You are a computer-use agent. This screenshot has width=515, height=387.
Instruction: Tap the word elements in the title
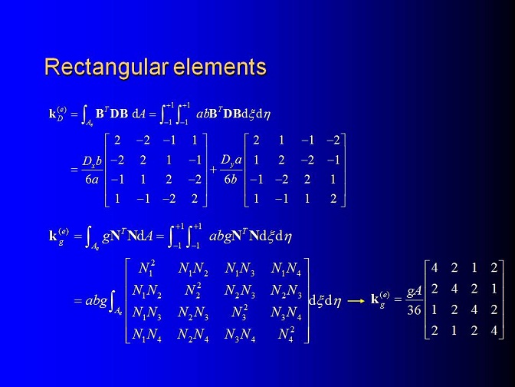click(220, 67)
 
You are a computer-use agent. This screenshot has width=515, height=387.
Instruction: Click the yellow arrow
click(356, 300)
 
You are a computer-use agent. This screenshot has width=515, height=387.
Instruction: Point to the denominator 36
click(414, 309)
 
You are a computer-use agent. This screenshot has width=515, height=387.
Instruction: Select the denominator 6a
click(92, 180)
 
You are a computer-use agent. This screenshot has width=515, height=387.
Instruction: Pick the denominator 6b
click(230, 180)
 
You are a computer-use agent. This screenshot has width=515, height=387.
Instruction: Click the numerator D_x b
click(92, 161)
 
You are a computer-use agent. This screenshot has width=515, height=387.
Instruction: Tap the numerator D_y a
click(231, 160)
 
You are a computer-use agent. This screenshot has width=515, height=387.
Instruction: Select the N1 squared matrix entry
click(146, 268)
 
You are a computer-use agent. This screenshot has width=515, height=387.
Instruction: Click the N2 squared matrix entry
click(193, 290)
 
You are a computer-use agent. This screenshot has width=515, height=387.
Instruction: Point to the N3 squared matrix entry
click(239, 312)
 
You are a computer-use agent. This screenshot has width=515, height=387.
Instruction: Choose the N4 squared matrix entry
click(286, 334)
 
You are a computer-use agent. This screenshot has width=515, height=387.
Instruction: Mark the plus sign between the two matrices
click(214, 170)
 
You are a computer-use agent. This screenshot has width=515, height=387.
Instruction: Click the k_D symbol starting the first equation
click(57, 114)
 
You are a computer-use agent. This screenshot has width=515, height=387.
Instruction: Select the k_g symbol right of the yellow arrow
click(380, 299)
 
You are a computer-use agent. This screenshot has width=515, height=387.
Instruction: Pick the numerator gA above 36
click(414, 292)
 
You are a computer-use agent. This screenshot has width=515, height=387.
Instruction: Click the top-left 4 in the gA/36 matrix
click(435, 268)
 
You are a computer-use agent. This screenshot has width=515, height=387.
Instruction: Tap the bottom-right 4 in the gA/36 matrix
click(494, 330)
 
